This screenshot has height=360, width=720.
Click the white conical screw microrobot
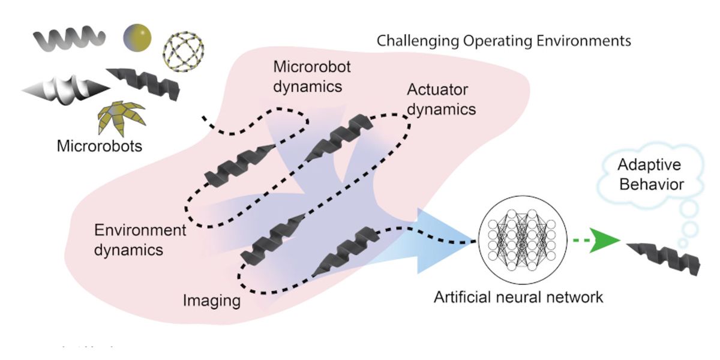[x=66, y=89]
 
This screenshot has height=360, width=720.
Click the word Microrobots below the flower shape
[x=100, y=146]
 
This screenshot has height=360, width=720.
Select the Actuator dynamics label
[x=441, y=100]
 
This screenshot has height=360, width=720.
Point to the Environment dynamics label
[x=140, y=239]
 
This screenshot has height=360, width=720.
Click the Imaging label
[x=212, y=299]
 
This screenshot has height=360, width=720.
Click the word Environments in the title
[x=581, y=41]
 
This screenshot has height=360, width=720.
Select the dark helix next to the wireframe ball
[x=144, y=83]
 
